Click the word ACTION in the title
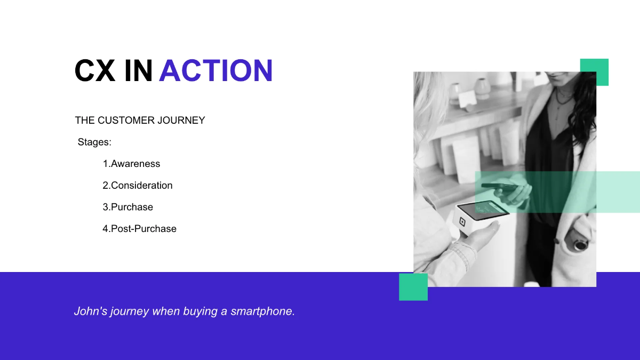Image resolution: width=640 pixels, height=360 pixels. click(x=215, y=70)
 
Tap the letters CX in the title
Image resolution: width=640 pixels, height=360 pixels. click(x=94, y=70)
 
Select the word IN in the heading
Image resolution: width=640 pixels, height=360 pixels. click(x=138, y=70)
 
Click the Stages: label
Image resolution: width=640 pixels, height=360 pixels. click(x=94, y=142)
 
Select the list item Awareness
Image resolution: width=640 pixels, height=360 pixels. click(x=131, y=164)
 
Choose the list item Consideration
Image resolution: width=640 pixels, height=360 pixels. click(x=138, y=186)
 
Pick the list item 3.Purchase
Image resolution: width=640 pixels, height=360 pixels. click(x=127, y=207)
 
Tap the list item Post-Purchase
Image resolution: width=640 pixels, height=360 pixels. click(x=139, y=229)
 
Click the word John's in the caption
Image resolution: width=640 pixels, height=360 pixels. click(x=91, y=311)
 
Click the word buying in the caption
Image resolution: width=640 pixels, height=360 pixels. click(x=201, y=311)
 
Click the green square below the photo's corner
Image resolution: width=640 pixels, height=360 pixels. click(x=413, y=287)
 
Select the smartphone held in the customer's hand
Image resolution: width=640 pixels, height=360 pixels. click(x=499, y=187)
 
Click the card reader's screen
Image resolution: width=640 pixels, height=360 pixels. click(x=483, y=210)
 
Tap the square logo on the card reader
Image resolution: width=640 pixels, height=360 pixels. click(x=462, y=222)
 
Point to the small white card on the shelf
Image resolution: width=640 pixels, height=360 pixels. click(x=467, y=98)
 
